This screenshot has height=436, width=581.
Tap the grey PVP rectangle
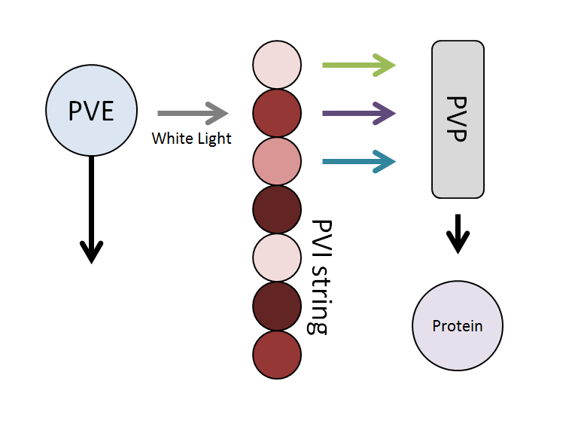point(458,119)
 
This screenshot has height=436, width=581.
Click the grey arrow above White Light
point(192,113)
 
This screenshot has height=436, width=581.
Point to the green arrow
point(358,66)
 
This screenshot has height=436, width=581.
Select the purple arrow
point(358,114)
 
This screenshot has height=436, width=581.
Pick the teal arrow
point(358,161)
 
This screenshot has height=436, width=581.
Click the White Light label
point(192,139)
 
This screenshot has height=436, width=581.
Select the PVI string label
point(322,276)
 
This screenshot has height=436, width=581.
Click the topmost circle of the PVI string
point(277,65)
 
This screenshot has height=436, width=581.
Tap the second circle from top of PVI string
point(277,113)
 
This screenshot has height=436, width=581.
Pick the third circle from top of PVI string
point(277,161)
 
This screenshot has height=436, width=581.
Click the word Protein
point(458,326)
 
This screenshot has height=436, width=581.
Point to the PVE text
point(91,111)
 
